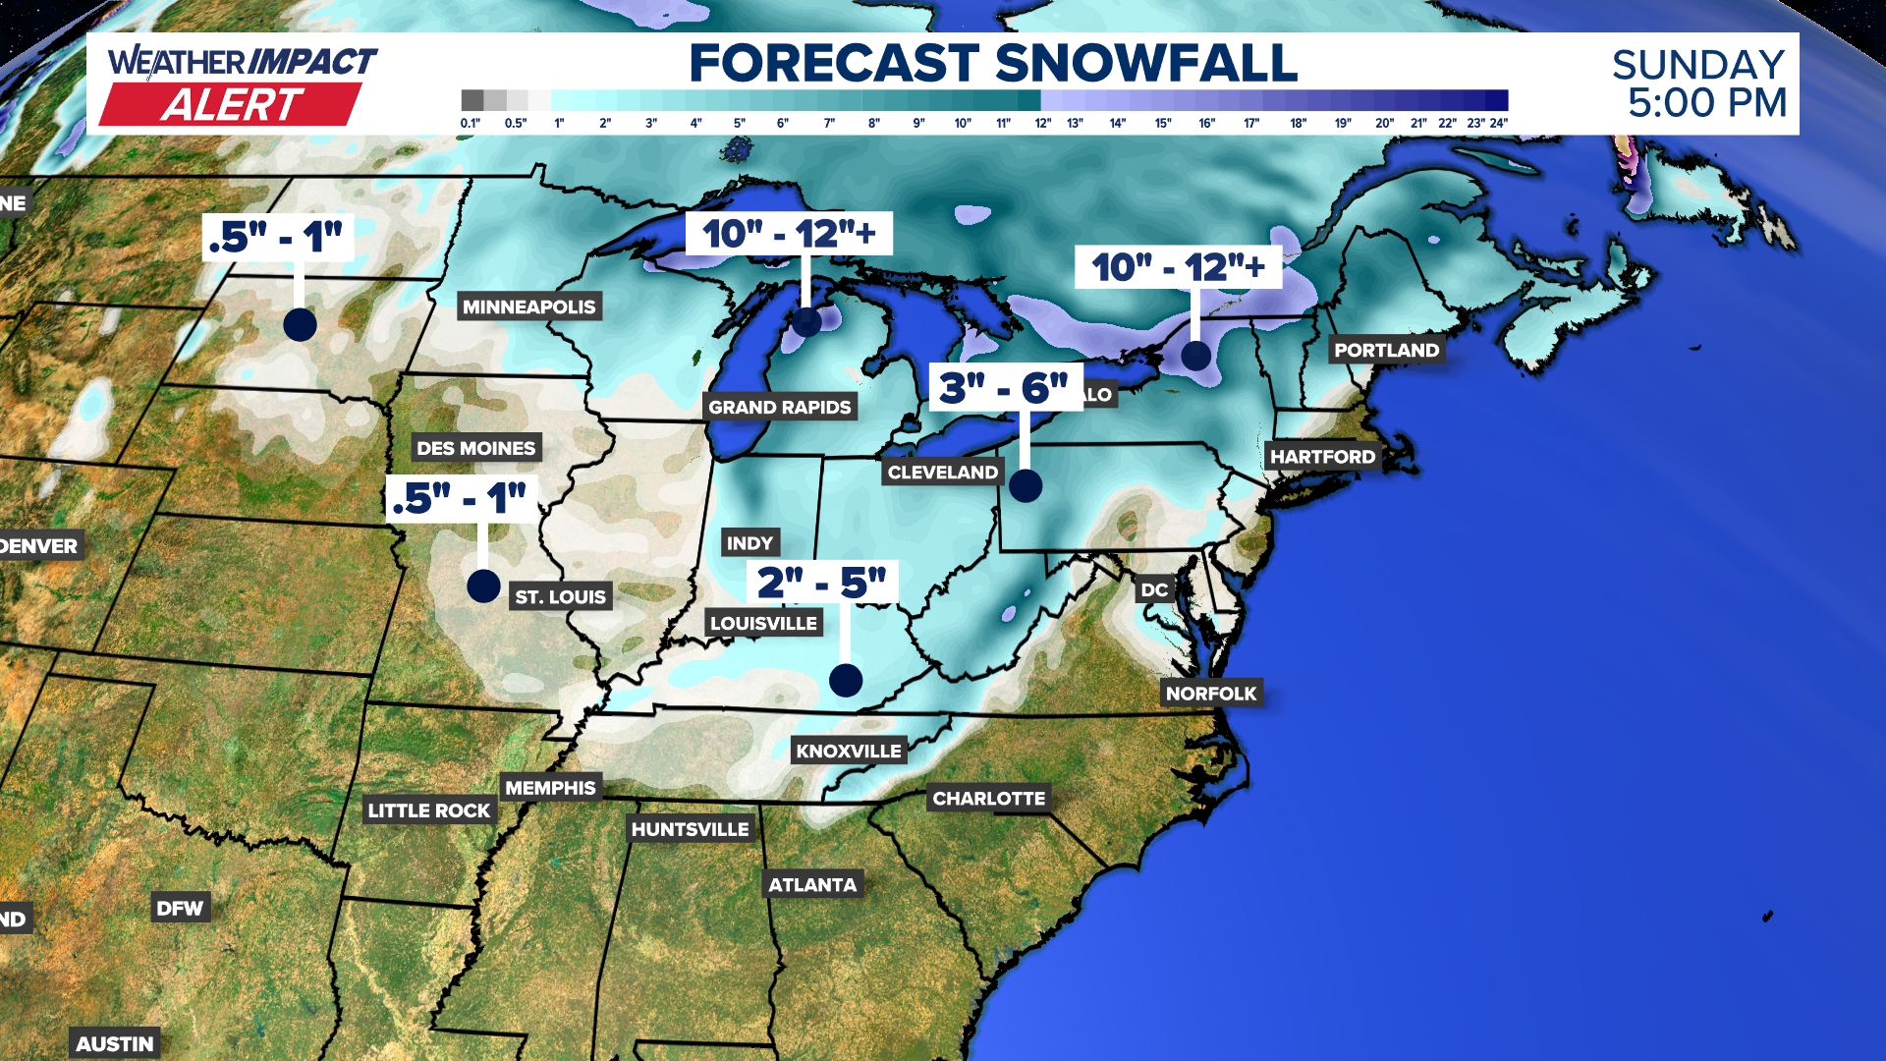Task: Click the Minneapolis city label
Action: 528,307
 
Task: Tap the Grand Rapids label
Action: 780,407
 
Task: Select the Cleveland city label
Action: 942,473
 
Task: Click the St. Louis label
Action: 560,596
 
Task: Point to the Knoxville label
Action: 849,751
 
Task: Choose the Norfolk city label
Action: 1211,694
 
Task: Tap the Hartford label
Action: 1322,456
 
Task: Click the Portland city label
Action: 1386,350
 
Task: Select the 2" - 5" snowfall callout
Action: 822,582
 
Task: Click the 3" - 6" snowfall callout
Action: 1004,387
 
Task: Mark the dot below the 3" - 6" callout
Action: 1026,485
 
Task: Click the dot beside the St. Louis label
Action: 483,586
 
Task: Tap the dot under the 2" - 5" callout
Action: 846,680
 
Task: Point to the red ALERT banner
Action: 232,104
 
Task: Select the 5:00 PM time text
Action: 1707,102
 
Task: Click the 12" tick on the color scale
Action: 1042,123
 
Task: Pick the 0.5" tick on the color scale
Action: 516,123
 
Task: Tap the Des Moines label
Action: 476,448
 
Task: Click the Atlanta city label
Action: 812,884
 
